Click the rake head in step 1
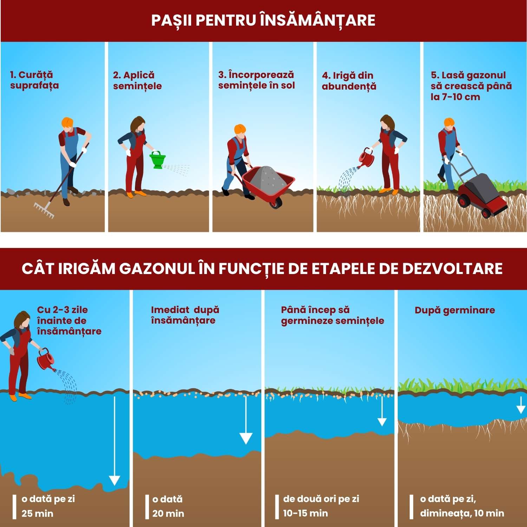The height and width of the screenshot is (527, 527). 44,210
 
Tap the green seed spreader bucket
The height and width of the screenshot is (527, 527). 157,160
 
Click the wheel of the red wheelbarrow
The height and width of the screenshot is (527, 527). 276,202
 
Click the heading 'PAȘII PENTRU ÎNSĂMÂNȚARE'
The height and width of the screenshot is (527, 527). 263,20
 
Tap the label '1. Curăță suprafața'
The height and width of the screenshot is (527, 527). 34,80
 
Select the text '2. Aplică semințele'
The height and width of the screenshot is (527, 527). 137,80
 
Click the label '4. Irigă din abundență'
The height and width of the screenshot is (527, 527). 349,81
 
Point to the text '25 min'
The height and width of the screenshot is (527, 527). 37,513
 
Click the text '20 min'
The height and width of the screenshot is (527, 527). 168,513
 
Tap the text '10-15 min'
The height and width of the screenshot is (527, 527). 305,513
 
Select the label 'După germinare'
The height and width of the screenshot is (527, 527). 455,310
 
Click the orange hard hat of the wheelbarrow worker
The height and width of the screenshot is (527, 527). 240,129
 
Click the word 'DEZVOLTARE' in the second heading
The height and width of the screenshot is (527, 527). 453,268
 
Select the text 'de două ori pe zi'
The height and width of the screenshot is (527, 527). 321,499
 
